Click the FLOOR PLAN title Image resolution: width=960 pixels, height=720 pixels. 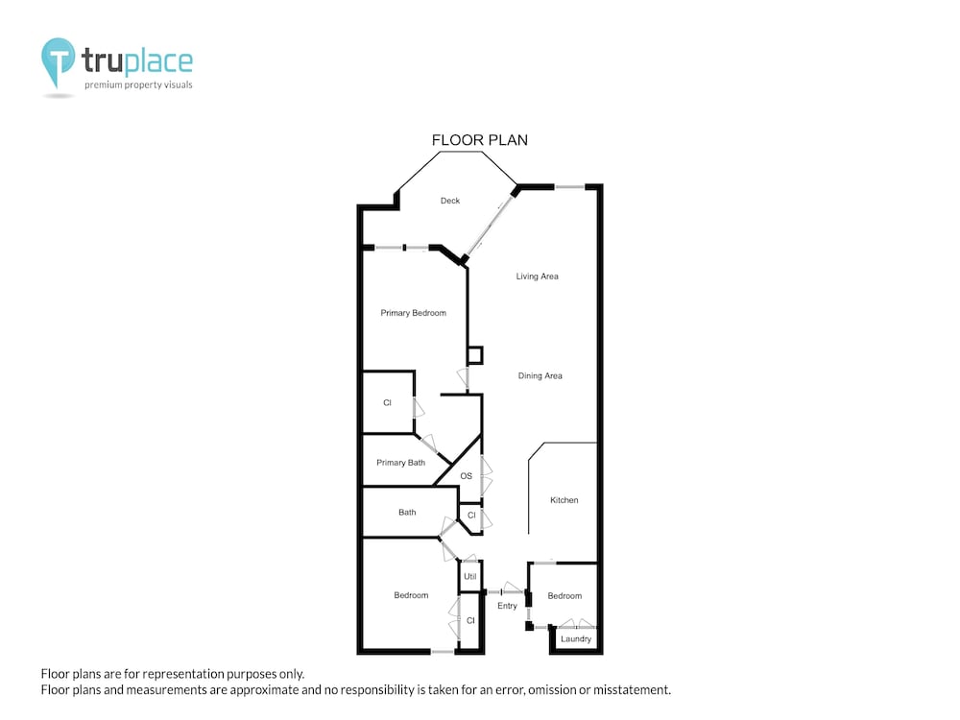(479, 140)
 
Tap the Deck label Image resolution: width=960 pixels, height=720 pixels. (450, 201)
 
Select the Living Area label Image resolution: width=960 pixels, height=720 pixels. (537, 276)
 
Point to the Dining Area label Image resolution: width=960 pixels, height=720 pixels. (540, 376)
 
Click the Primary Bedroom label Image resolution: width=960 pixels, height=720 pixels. (413, 313)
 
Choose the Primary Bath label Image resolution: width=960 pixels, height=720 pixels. (400, 463)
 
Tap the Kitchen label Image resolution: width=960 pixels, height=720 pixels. (564, 500)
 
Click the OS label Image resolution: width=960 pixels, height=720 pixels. (466, 476)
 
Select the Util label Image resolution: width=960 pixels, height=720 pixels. (469, 576)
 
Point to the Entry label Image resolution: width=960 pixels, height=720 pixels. (507, 606)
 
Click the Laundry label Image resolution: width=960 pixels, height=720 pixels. (575, 638)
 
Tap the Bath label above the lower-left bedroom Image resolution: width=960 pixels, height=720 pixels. (407, 513)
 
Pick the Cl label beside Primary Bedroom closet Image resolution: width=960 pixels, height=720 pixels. (387, 403)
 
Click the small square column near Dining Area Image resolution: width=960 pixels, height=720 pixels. (475, 355)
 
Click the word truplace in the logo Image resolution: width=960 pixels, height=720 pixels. (137, 60)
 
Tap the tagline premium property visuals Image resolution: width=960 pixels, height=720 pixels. (138, 85)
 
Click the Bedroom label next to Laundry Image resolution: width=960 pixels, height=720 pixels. (564, 596)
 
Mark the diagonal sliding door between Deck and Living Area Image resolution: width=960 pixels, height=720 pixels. (489, 226)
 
